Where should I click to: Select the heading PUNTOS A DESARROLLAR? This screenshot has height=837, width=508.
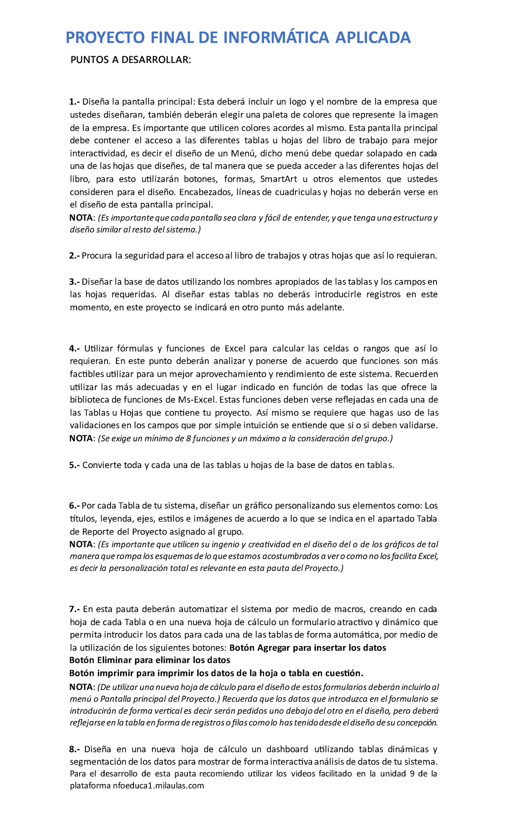pyautogui.click(x=130, y=60)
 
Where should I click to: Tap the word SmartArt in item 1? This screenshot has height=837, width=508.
pyautogui.click(x=279, y=179)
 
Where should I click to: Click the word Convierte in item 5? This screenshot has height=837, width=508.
pyautogui.click(x=101, y=466)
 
